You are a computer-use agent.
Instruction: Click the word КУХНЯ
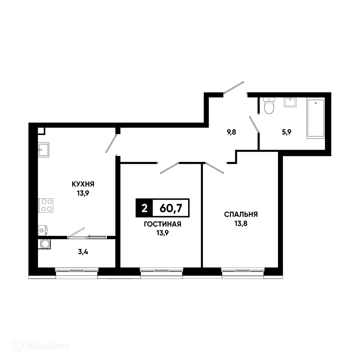83,184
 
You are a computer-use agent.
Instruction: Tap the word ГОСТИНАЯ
162,225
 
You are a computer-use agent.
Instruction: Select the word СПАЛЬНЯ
241,214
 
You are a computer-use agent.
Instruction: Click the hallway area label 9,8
232,132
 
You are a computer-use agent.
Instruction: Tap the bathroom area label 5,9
286,132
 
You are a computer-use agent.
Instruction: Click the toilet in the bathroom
269,106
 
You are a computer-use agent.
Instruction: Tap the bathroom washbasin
289,102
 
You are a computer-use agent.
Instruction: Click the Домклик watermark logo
40,345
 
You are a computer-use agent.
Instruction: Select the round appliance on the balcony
45,244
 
